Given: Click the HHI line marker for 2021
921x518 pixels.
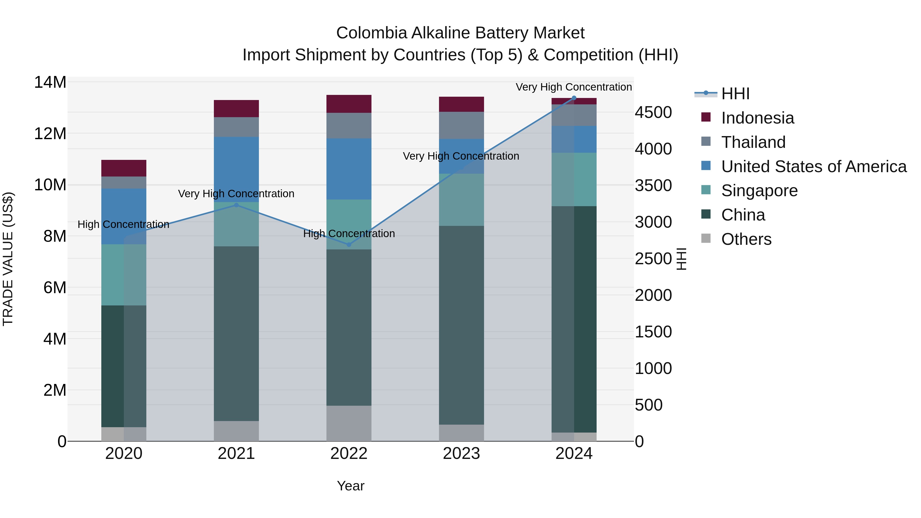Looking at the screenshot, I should coord(236,205).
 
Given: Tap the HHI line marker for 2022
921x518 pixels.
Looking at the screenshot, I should coord(349,245).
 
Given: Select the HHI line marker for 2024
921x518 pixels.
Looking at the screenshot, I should coord(574,98).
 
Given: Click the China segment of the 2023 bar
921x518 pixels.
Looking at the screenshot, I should coord(461,325).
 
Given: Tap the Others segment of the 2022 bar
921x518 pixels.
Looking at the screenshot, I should coord(349,423).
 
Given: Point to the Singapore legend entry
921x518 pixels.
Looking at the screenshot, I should coord(759,191).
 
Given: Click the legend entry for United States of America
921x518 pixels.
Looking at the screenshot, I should coord(813,167).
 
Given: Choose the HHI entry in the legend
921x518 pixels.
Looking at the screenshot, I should coord(735,94).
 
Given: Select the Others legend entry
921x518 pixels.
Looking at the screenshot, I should coord(746,239).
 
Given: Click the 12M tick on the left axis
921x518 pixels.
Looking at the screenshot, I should coord(50,134).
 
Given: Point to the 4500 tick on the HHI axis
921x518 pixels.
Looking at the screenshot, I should coord(653,113).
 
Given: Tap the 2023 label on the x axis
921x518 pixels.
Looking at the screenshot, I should coord(461,454).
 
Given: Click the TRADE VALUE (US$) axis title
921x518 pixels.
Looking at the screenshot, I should coord(8,259).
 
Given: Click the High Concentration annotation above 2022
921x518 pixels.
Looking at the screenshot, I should coord(349,234).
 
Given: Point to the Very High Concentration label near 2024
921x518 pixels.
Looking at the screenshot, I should coord(574,87).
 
